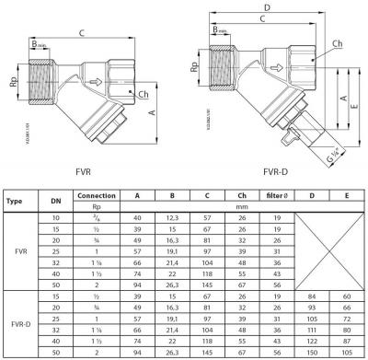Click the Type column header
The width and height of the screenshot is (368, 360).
point(16,199)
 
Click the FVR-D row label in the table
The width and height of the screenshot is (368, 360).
point(16,325)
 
